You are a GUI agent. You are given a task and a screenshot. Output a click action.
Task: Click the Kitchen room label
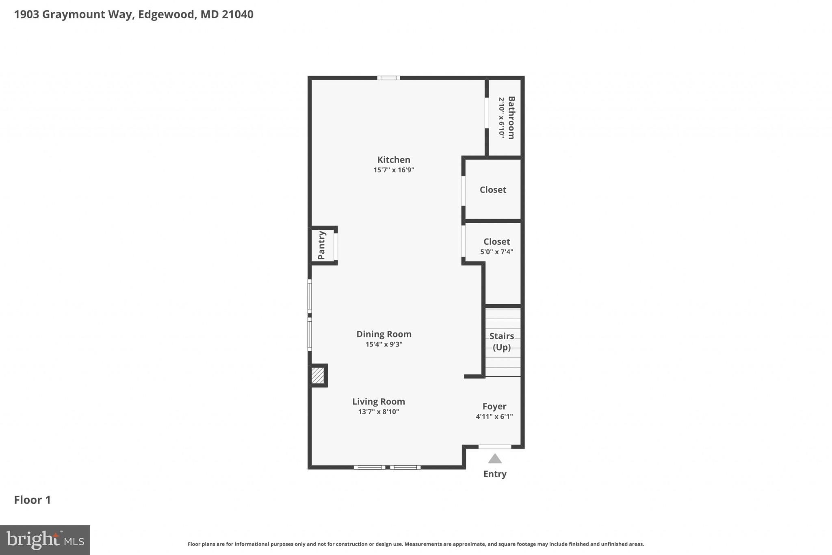(x=394, y=160)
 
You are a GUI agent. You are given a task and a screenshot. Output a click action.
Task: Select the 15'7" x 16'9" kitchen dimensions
(x=394, y=170)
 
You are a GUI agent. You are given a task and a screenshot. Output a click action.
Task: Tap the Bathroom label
(x=511, y=118)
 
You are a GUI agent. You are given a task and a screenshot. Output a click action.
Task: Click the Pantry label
(x=321, y=245)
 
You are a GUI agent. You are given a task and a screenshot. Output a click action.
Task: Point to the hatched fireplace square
(x=318, y=375)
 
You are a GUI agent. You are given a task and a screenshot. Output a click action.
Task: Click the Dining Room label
(x=384, y=334)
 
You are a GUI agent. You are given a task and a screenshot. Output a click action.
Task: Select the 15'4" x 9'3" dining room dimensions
(x=384, y=344)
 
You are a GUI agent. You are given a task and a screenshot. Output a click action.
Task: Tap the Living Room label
(x=378, y=402)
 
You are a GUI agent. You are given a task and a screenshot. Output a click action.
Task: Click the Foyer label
(x=494, y=407)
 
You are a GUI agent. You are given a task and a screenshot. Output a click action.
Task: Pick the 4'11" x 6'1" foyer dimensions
(x=494, y=416)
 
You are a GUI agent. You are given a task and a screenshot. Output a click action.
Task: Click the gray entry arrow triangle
(x=494, y=459)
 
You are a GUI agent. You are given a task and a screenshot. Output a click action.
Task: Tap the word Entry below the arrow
(x=494, y=474)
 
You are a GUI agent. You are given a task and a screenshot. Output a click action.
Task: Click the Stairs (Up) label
(x=501, y=342)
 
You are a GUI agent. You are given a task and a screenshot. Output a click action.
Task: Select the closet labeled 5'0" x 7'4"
(x=496, y=246)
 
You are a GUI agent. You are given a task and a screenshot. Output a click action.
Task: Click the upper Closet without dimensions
(x=493, y=190)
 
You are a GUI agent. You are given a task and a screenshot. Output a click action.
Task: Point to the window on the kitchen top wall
(x=388, y=78)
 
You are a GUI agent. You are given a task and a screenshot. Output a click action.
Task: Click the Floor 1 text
(x=32, y=500)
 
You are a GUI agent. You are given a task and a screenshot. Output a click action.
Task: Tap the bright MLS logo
(x=45, y=540)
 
